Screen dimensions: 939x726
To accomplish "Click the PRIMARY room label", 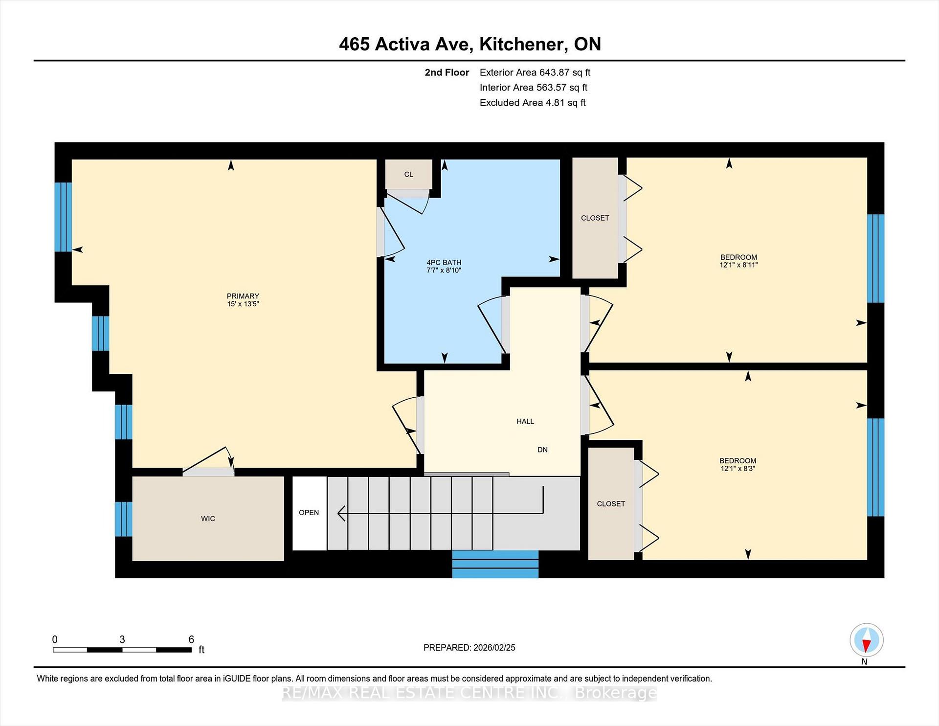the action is point(243,296).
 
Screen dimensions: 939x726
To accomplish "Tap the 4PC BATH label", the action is point(444,263).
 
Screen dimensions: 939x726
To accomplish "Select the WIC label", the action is point(208,519).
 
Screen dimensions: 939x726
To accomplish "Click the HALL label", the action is point(525,421).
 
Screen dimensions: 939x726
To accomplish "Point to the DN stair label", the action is point(542,450).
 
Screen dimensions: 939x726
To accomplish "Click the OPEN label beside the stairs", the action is point(309,513).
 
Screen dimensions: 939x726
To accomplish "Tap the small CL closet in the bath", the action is point(408,174).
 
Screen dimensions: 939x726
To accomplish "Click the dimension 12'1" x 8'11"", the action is point(738,265).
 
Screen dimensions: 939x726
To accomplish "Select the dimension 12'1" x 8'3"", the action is point(738,469).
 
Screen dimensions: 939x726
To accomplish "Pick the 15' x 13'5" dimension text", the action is point(243,304).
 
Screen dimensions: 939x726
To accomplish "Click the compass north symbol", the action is point(866,640).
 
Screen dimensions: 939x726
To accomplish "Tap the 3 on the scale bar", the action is point(122,639).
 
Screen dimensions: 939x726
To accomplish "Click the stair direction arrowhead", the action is point(341,513).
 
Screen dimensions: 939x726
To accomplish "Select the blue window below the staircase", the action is point(495,564).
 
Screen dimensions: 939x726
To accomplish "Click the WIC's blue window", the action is point(123,519).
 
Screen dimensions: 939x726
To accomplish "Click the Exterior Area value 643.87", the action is point(554,72).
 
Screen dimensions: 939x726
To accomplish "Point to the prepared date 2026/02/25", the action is point(494,648).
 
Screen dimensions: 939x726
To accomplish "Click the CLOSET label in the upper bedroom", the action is point(595,218).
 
